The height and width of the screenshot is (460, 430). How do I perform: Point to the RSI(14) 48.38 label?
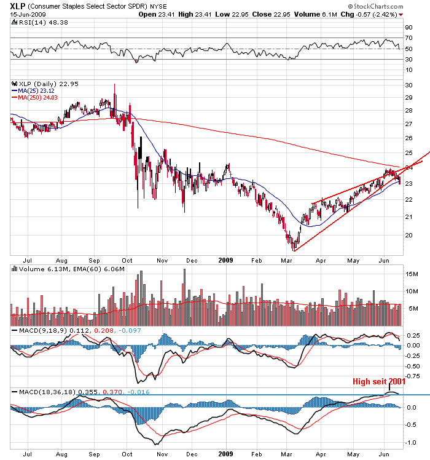[x=36, y=22]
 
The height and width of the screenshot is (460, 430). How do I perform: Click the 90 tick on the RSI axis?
[x=407, y=28]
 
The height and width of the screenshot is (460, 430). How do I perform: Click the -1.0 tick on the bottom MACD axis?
[x=409, y=442]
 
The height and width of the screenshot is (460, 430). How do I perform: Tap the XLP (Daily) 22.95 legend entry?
[x=45, y=84]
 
